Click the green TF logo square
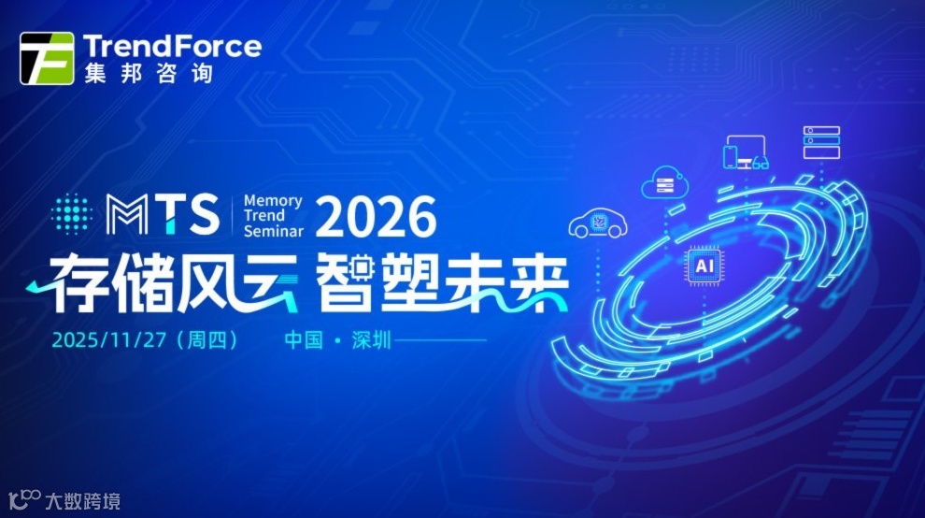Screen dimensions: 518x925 tap(47, 58)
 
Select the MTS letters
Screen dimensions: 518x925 tap(164, 214)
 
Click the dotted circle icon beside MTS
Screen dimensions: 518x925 tap(71, 214)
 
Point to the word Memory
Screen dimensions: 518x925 tap(272, 200)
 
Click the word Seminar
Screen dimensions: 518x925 tap(273, 230)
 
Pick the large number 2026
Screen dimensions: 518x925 tap(376, 216)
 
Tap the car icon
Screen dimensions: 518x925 tap(596, 223)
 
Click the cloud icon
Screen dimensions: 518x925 tap(664, 182)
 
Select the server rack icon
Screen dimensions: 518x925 tap(821, 142)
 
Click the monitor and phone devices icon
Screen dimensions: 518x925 tap(745, 153)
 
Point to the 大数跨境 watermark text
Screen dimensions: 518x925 tap(82, 502)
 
